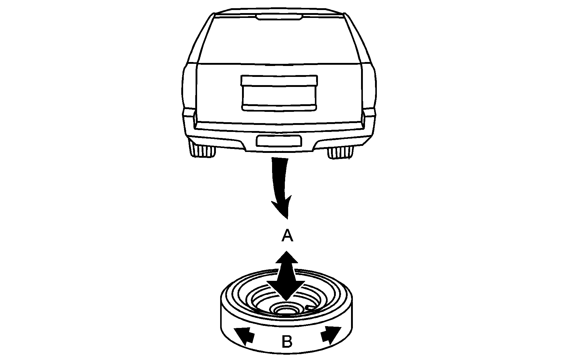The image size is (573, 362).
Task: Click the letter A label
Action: coord(287,236)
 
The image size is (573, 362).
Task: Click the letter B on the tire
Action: coord(287,342)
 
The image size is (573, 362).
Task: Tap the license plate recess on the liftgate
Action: coord(279,93)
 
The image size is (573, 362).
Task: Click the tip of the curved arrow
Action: coord(286,219)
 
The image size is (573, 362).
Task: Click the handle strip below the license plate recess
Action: coord(279,107)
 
